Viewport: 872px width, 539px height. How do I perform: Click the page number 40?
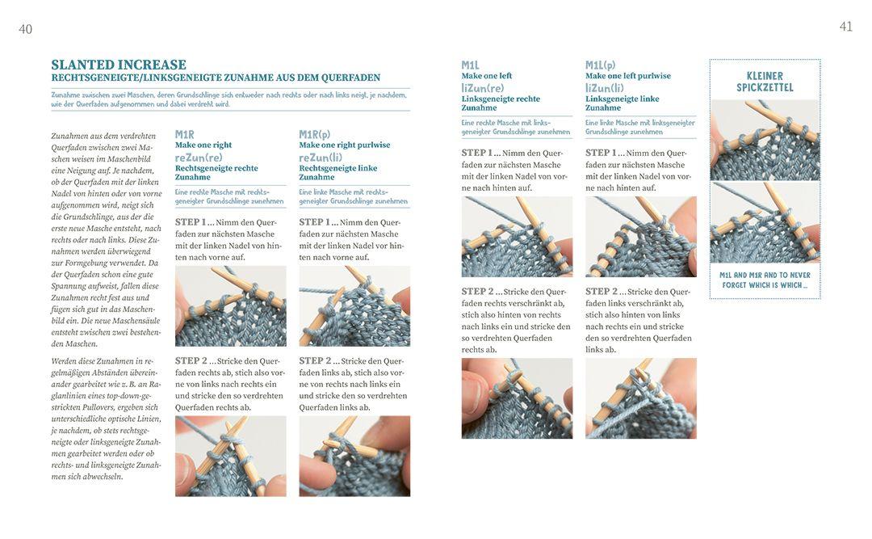coord(26,30)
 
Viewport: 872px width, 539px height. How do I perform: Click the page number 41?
coord(846,27)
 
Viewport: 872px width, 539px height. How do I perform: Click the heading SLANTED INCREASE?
coord(119,65)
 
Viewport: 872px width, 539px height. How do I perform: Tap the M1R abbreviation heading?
coord(185,135)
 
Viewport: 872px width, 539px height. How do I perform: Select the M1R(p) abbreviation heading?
coord(315,135)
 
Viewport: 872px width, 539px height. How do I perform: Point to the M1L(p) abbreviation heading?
coord(601,65)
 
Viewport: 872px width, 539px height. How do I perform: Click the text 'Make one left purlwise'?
coord(628,76)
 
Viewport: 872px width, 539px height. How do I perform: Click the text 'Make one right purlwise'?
coord(345,145)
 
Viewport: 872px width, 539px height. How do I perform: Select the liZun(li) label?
coord(605,88)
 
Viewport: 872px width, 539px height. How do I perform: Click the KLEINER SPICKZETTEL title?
coord(765,82)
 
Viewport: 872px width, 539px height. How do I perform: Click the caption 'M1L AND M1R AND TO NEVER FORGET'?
coord(765,280)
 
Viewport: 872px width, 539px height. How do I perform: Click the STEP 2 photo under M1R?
coord(231,456)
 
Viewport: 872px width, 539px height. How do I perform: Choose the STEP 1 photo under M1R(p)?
coord(354,306)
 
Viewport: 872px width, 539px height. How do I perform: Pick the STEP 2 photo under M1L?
coord(518,398)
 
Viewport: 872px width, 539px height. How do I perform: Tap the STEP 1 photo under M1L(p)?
coord(641,237)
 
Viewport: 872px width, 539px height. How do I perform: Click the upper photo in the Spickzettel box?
coord(765,140)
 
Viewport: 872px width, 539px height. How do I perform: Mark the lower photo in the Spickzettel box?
coord(765,222)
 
